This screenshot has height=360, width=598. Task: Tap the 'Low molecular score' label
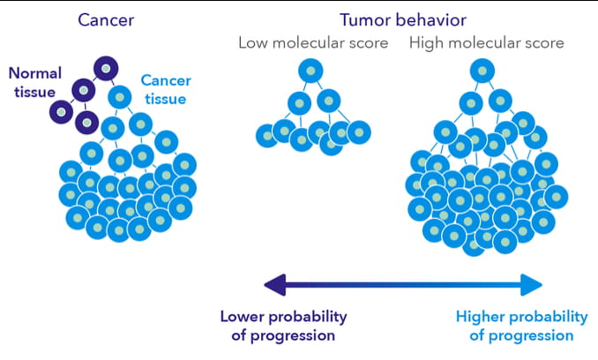313,43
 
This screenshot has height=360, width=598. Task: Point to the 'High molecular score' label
487,43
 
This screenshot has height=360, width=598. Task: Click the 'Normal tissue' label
34,82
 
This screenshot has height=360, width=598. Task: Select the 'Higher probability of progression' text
521,326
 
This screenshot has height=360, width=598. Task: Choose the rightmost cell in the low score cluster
358,132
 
